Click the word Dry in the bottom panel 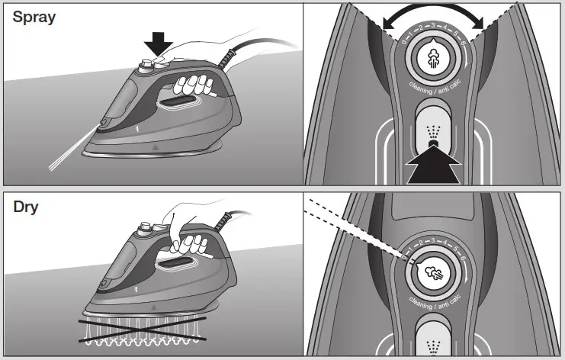(26, 206)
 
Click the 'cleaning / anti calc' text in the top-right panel (432, 92)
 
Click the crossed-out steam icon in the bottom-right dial (432, 272)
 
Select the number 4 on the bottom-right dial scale (444, 243)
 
